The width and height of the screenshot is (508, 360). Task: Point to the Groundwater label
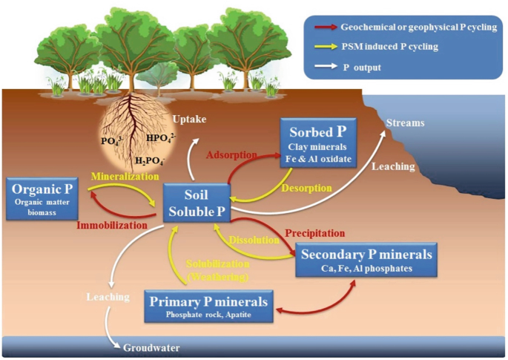pos(151,347)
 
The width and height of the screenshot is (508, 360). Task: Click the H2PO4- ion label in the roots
pos(149,160)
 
